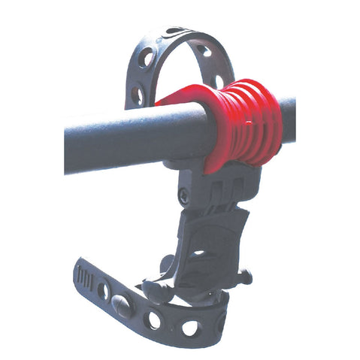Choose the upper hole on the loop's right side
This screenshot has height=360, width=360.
click(x=204, y=51)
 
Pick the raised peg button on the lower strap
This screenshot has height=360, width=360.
click(x=120, y=304)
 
